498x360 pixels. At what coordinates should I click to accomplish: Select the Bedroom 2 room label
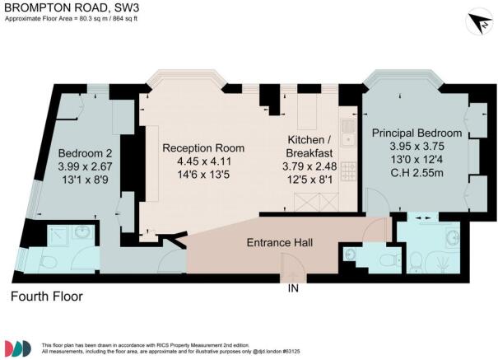pyautogui.click(x=86, y=153)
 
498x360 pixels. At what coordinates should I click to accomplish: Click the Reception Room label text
pyautogui.click(x=203, y=147)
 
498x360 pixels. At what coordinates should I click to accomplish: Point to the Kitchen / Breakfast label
pyautogui.click(x=310, y=147)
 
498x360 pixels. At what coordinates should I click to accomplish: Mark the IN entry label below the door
pyautogui.click(x=292, y=289)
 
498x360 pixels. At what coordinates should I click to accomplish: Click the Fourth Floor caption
pyautogui.click(x=48, y=296)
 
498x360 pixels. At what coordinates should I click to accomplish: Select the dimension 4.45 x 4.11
pyautogui.click(x=203, y=161)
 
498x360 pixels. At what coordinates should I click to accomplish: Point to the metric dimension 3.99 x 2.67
pyautogui.click(x=86, y=167)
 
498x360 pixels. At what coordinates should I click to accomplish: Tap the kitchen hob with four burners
pyautogui.click(x=348, y=171)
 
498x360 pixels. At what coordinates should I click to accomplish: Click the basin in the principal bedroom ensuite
pyautogui.click(x=452, y=240)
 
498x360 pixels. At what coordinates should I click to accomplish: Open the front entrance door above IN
pyautogui.click(x=292, y=267)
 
